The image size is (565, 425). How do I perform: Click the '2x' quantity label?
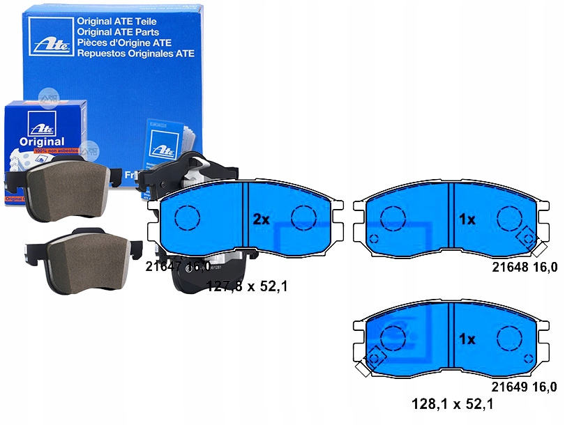click(261, 219)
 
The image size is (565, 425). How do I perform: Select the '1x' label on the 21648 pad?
click(467, 219)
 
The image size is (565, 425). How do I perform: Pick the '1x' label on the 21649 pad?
click(467, 339)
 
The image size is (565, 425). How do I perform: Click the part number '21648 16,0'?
click(525, 267)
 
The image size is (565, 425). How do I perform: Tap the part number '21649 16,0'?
click(525, 387)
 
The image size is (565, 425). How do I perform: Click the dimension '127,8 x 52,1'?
click(248, 285)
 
